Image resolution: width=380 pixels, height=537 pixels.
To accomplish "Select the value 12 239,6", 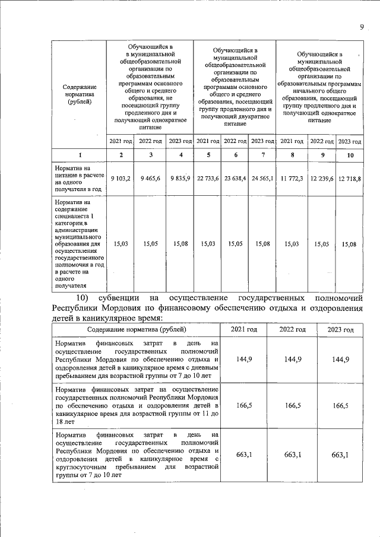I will click(x=322, y=178).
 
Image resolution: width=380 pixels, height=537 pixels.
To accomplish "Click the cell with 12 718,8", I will click(x=350, y=178).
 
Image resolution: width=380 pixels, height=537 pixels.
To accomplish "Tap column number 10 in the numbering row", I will click(x=350, y=155).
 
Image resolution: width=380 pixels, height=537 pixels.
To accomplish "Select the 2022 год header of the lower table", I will click(x=293, y=329).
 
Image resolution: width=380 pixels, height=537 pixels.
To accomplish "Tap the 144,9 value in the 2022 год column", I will click(x=293, y=359).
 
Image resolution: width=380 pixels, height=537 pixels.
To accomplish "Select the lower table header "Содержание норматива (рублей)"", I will click(x=136, y=329).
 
